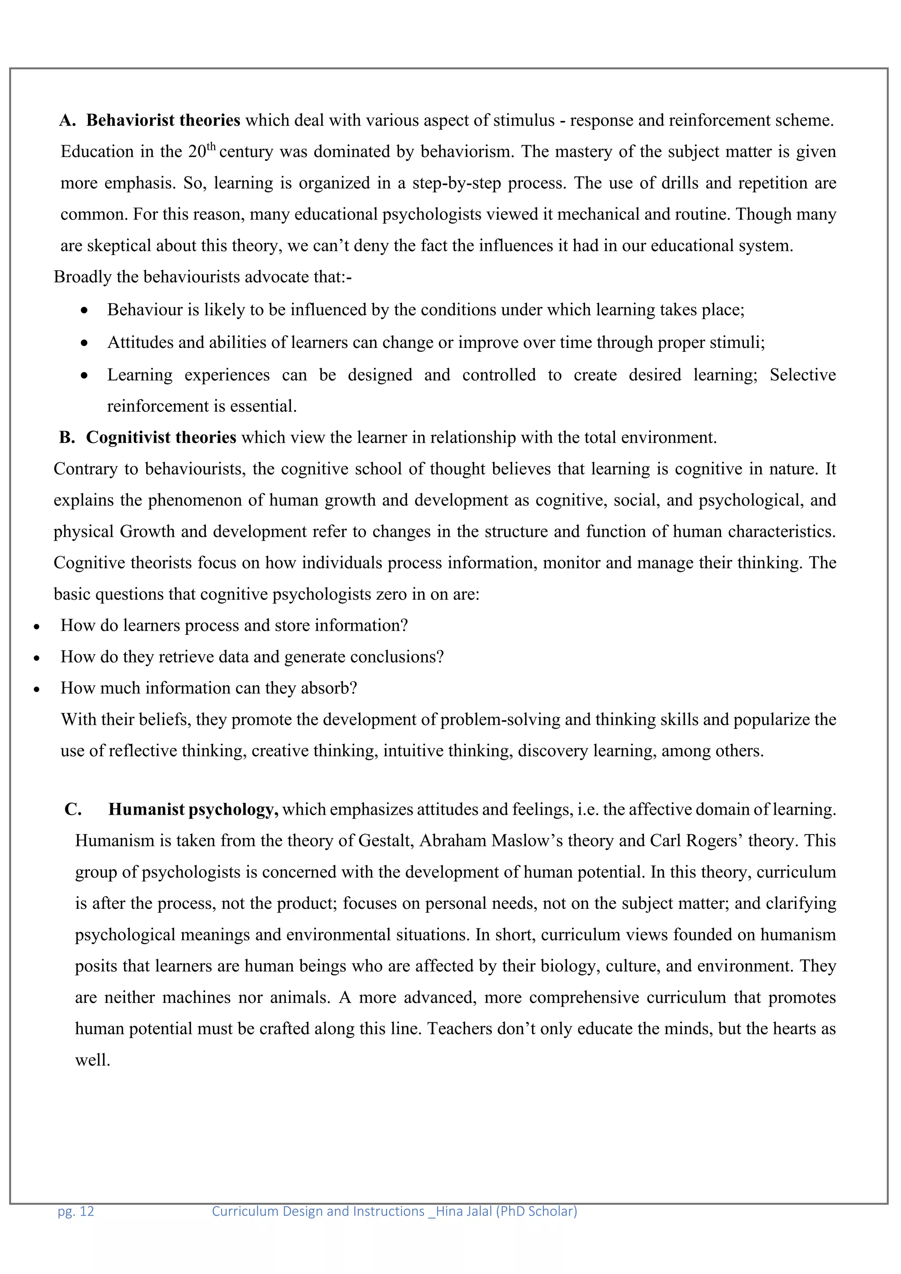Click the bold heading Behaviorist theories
tap(163, 121)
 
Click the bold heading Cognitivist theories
tap(161, 438)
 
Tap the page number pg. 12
tap(76, 1211)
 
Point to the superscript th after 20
tap(211, 146)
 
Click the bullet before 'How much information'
tap(37, 690)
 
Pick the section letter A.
tap(67, 121)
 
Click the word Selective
tap(802, 375)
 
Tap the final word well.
tap(93, 1060)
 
